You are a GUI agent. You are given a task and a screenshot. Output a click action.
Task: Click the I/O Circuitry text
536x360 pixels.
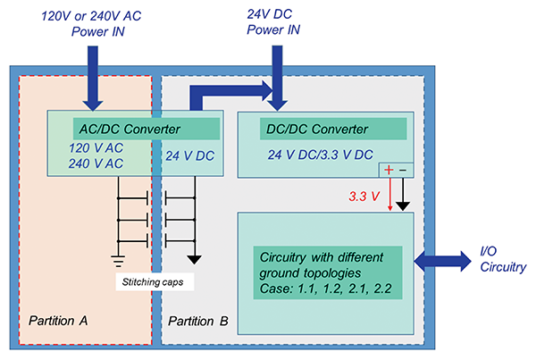pyautogui.click(x=497, y=259)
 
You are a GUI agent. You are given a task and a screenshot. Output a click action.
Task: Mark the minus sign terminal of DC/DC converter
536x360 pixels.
pyautogui.click(x=403, y=170)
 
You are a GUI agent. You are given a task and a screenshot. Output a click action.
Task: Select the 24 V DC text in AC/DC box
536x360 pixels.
pyautogui.click(x=189, y=156)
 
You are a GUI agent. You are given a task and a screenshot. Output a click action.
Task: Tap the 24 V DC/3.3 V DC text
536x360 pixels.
pyautogui.click(x=319, y=154)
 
